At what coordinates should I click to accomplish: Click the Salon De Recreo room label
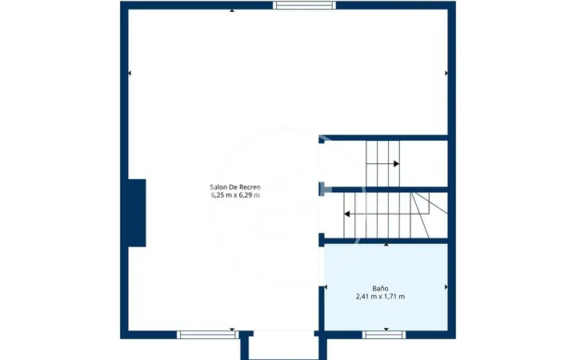[235, 187]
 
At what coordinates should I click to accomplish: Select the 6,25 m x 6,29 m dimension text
[235, 195]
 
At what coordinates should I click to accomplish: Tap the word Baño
[380, 288]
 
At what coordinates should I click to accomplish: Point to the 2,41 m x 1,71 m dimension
[380, 297]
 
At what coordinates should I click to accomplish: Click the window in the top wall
[304, 5]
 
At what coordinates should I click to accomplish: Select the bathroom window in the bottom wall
[384, 334]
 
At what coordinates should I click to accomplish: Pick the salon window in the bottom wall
[207, 334]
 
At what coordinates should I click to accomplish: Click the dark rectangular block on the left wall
[137, 213]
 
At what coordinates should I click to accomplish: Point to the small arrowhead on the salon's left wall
[130, 73]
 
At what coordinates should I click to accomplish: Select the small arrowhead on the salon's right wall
[446, 73]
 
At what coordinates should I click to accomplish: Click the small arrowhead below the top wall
[232, 10]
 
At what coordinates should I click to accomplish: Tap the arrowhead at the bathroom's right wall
[446, 287]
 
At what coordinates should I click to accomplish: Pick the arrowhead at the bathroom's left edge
[326, 287]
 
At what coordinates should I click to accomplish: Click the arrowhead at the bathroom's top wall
[386, 245]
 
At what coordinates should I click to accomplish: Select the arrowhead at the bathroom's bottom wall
[386, 329]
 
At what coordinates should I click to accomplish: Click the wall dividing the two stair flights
[383, 190]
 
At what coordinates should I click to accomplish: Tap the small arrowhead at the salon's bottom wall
[232, 329]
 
